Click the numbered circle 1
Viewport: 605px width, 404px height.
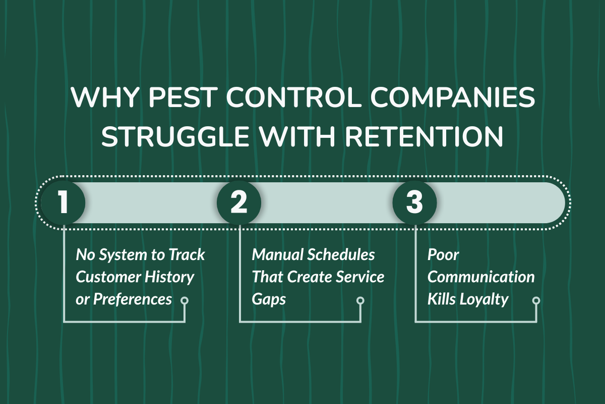(63, 203)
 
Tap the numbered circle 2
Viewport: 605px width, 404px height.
(239, 203)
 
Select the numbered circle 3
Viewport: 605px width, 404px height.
(414, 203)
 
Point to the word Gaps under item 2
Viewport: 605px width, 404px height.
(269, 299)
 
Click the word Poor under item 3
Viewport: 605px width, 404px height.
(444, 255)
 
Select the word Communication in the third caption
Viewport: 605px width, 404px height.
(481, 277)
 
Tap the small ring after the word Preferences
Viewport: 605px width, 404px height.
(185, 300)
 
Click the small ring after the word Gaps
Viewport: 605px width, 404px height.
(360, 300)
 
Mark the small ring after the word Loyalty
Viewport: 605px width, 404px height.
(536, 300)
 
